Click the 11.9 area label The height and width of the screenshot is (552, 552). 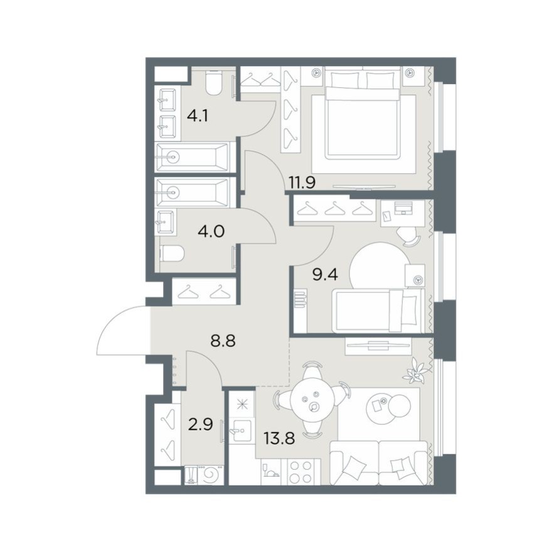coord(302,183)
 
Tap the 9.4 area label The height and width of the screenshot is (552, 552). coord(326,274)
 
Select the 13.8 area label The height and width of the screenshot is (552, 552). coord(280,438)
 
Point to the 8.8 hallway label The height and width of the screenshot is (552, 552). coord(223,341)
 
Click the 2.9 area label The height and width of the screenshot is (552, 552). coord(200,425)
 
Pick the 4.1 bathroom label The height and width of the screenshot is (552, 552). coord(198,115)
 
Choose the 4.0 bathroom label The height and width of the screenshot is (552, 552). coord(211,231)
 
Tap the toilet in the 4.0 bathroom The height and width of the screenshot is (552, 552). coord(172,253)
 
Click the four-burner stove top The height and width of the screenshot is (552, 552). coord(301,472)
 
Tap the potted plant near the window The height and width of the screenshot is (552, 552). coord(417,372)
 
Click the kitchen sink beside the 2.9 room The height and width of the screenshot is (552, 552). coord(240,430)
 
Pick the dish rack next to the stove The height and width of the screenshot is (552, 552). coord(270,471)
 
